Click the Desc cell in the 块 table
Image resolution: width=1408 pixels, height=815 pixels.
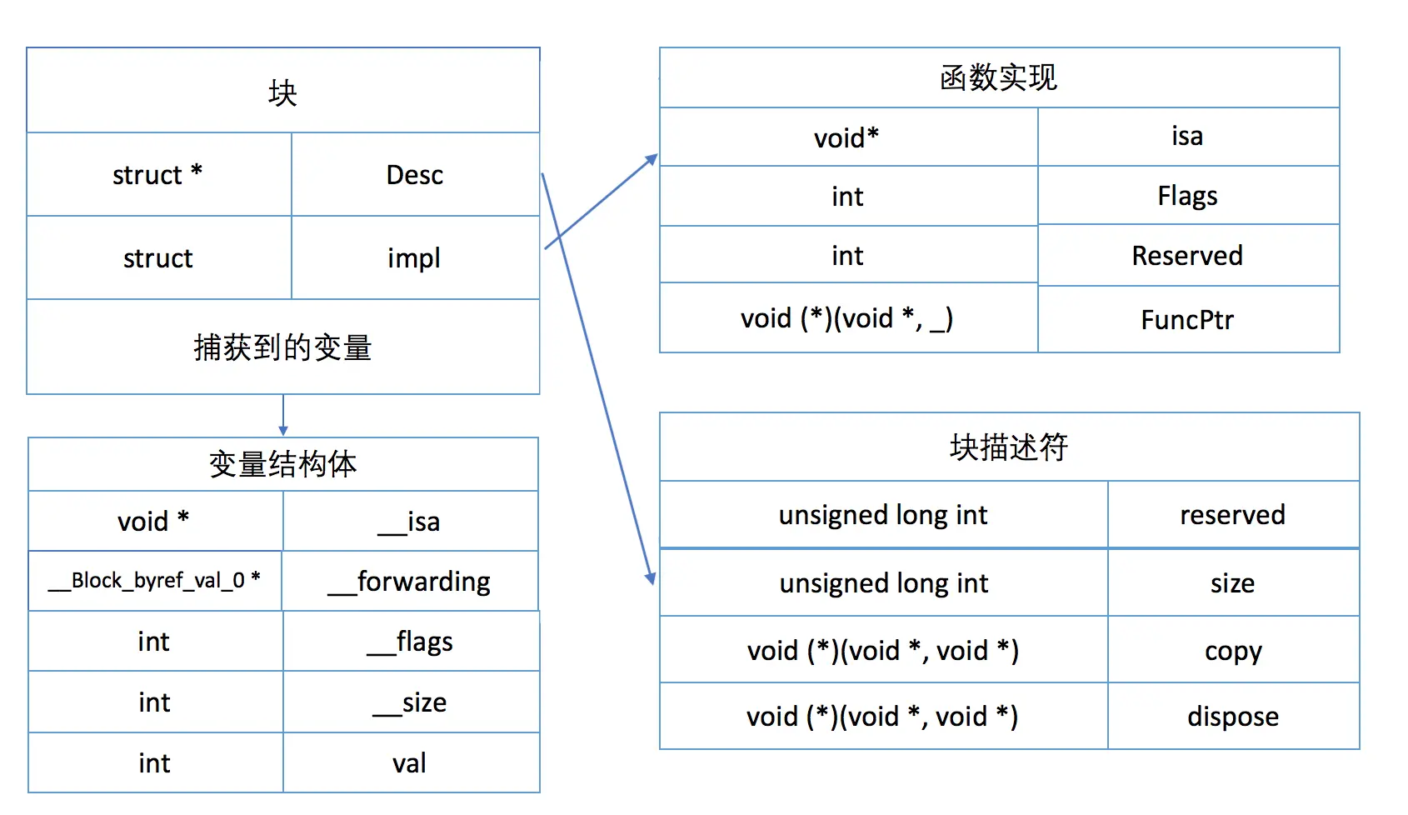[x=415, y=175]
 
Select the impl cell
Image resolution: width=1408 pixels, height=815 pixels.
[x=414, y=258]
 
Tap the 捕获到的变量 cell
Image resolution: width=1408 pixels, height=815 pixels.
[x=282, y=347]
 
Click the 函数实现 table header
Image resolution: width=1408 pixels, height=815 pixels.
[x=998, y=78]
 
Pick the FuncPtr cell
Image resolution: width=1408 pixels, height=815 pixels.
[x=1187, y=320]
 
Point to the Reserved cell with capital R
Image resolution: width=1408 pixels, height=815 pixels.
[x=1187, y=256]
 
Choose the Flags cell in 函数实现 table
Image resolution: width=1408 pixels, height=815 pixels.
[x=1187, y=197]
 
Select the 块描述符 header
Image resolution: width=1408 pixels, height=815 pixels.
[x=1008, y=447]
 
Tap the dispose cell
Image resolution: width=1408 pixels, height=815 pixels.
[x=1233, y=717]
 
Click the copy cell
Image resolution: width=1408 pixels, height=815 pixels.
[x=1233, y=651]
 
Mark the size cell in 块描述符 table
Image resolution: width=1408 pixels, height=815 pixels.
[x=1233, y=583]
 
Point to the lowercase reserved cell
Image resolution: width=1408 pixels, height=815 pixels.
[x=1233, y=515]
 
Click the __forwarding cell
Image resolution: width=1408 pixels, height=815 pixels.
[x=410, y=582]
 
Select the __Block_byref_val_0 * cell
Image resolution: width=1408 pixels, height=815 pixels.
[x=155, y=581]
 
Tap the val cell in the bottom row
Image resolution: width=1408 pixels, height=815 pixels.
[x=410, y=763]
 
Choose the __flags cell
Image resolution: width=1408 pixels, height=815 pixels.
[x=410, y=642]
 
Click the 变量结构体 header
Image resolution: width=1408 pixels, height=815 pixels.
[x=282, y=464]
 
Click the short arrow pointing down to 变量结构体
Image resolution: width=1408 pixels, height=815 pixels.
[x=283, y=415]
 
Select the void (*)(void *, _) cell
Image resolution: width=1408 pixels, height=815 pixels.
[x=847, y=318]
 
